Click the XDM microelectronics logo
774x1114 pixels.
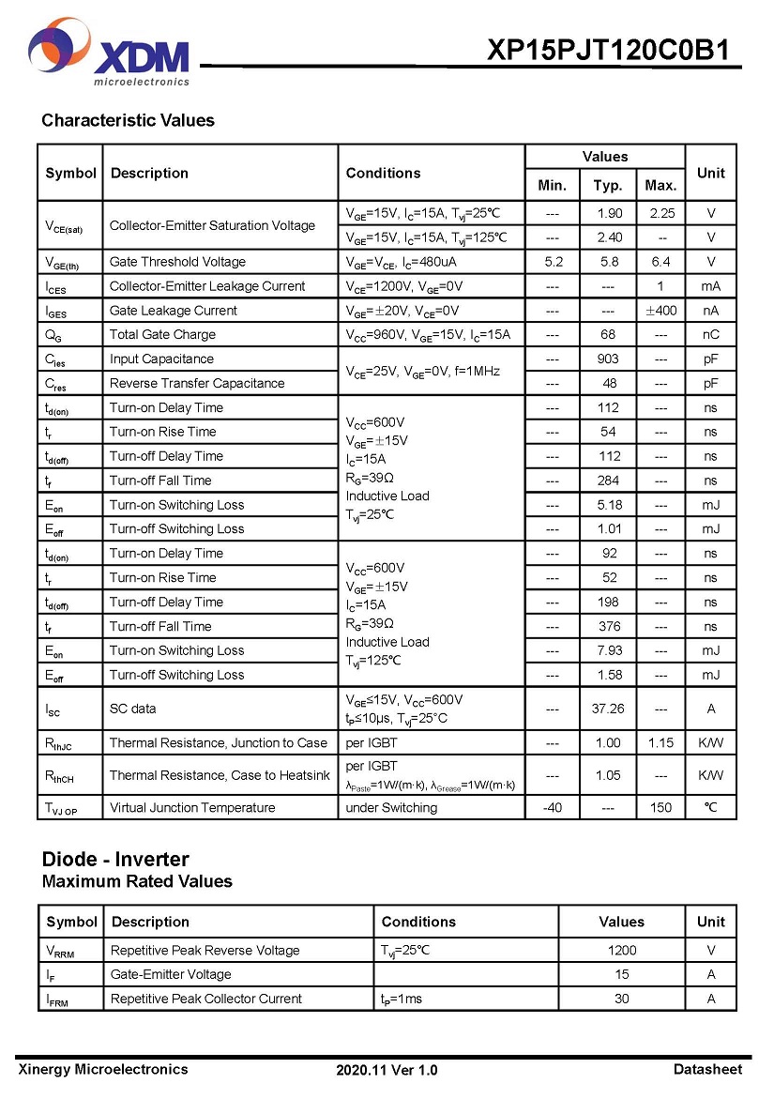coord(109,54)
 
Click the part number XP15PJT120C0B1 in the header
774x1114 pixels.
coord(608,50)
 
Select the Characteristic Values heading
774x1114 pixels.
coord(128,120)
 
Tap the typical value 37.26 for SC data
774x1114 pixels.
coord(608,710)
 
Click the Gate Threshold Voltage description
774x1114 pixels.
coord(177,262)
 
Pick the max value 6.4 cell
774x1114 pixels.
coord(660,262)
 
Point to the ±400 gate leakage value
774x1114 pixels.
coord(660,311)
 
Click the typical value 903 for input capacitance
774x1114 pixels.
coord(608,359)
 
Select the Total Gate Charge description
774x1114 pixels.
coord(162,335)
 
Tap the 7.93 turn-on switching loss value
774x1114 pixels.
coord(608,650)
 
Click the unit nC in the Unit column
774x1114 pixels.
coord(710,335)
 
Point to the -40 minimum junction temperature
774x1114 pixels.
coord(552,808)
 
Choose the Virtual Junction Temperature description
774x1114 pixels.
coord(192,808)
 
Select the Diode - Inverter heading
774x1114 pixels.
coord(115,859)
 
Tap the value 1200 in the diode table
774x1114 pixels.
coord(621,951)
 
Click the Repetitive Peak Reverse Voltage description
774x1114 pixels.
coord(205,951)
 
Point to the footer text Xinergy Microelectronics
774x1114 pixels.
coord(102,1069)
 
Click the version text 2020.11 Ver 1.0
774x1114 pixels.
coord(387,1070)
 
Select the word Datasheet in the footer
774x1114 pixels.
coord(707,1069)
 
